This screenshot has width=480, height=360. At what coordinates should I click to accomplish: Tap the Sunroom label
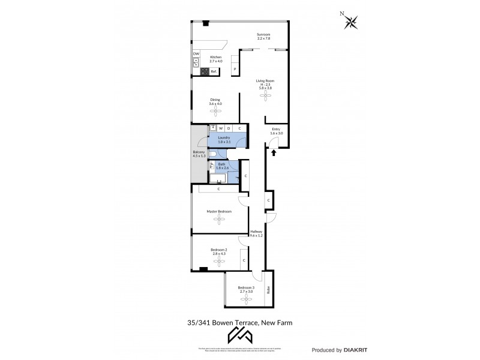coord(263,36)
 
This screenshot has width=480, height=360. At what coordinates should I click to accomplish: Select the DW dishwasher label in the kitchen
coord(196,54)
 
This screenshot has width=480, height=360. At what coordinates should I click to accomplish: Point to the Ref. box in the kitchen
coord(213,71)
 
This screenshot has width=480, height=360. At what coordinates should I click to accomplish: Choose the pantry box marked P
coord(235,70)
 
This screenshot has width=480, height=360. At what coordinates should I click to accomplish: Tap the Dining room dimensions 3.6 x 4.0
coord(215,104)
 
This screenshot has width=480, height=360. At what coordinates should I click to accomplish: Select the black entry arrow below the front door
coord(274,153)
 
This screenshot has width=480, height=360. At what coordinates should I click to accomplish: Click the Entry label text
coord(276,129)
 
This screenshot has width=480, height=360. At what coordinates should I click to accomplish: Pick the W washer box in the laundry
coord(220,128)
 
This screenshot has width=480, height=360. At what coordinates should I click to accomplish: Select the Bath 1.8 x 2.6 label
coord(221,166)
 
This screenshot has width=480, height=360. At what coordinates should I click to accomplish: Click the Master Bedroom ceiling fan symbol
coord(219,220)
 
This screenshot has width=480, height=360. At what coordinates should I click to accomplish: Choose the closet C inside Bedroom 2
coord(244,260)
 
